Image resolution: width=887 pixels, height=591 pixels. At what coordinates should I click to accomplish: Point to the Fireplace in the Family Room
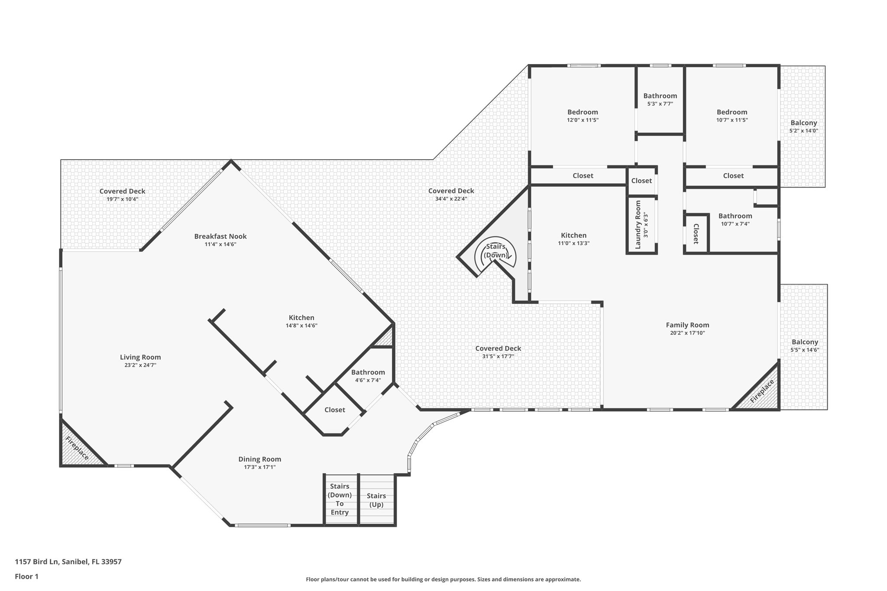click(762, 391)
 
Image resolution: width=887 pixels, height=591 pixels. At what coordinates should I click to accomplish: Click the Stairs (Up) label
click(376, 500)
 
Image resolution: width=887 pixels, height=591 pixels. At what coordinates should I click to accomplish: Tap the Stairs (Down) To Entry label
click(340, 500)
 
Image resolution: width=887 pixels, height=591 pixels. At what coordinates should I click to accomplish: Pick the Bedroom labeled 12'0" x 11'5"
click(583, 112)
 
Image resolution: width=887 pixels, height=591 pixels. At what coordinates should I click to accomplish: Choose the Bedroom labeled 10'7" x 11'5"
click(732, 112)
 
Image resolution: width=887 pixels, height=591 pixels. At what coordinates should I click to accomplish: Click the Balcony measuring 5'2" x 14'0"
click(803, 123)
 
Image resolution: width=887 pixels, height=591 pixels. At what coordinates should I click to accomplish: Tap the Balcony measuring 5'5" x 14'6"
click(805, 342)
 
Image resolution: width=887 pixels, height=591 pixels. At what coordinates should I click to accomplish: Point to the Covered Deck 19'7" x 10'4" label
click(122, 191)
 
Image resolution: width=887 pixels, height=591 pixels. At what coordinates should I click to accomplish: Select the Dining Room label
click(259, 459)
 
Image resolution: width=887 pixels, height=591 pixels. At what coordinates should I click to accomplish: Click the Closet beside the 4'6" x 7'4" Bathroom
click(334, 410)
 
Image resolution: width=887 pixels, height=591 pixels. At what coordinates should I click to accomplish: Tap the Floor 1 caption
click(26, 576)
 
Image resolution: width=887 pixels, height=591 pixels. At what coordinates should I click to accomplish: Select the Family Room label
click(687, 325)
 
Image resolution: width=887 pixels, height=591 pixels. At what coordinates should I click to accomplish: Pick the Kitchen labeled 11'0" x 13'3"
click(573, 236)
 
